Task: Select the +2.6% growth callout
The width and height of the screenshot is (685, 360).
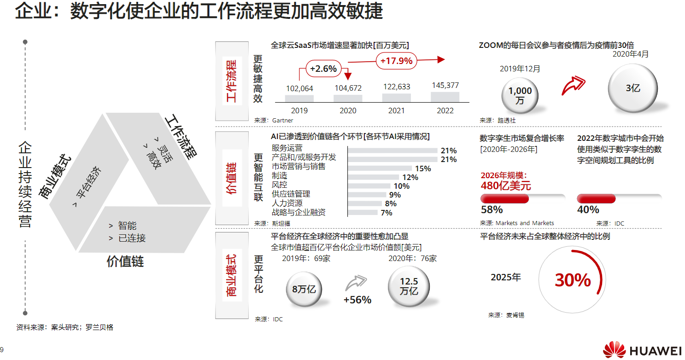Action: (323, 69)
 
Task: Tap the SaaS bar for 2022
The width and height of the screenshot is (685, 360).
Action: (445, 97)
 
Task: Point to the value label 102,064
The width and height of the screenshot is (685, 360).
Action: (299, 88)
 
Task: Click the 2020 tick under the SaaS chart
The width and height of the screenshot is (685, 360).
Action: (348, 110)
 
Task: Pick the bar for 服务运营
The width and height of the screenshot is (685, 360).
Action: (392, 151)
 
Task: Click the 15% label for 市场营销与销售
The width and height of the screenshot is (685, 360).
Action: (423, 168)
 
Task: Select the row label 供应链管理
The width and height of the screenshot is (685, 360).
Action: (291, 194)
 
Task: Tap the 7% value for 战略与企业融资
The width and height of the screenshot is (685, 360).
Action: (386, 213)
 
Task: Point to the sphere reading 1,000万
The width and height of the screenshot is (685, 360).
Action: (520, 96)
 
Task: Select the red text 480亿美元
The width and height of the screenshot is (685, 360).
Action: (505, 186)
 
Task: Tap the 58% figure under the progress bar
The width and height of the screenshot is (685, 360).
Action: (492, 210)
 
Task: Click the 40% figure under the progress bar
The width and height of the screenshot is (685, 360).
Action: (588, 210)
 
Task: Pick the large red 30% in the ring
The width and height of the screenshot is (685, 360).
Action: (573, 280)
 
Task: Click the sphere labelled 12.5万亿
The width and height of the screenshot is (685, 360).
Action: (409, 286)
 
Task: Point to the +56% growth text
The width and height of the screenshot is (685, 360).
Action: (357, 300)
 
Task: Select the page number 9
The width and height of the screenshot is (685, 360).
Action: (2, 349)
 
